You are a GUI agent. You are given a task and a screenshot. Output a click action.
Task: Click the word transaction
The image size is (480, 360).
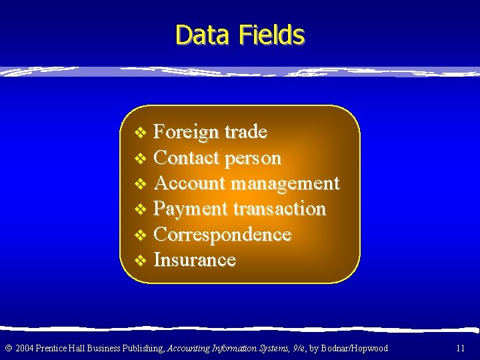point(279,209)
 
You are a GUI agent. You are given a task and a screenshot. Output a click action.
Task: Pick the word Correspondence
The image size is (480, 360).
point(222,235)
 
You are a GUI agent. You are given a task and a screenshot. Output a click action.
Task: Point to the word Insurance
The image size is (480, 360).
point(195,260)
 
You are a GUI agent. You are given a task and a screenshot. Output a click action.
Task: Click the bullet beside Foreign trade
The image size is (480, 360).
point(139,133)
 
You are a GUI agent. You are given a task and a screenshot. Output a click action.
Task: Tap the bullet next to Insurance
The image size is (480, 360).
point(139,261)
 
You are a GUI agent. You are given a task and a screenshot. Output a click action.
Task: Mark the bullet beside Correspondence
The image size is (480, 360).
point(139,235)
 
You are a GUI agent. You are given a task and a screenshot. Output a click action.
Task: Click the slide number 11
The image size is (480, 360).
point(460,348)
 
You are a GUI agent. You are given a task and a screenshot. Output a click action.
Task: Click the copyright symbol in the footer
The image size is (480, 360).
point(8,348)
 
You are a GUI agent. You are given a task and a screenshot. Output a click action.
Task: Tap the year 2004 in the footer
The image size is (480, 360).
point(25,348)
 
